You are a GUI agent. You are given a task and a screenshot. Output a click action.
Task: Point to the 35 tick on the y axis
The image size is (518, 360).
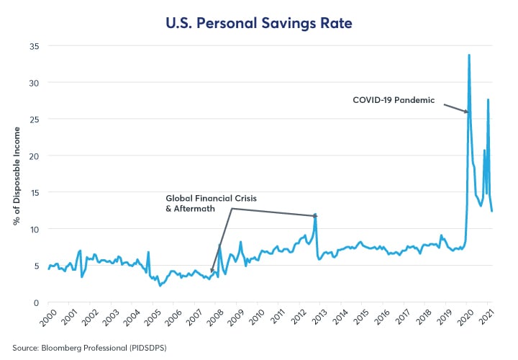pos(34,46)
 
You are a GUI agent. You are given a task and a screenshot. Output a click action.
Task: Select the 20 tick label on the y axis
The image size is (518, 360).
pos(34,156)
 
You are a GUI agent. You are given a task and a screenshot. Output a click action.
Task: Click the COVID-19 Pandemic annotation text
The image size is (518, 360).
pos(394,100)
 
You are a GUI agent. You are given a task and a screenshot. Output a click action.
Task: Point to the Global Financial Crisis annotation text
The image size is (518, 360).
pos(211,197)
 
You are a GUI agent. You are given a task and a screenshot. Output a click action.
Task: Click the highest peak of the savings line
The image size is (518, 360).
pos(469,55)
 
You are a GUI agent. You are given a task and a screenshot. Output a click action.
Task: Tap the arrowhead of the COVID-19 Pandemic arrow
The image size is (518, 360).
pos(467,112)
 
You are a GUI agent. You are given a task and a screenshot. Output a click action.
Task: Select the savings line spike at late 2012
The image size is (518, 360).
pos(315,215)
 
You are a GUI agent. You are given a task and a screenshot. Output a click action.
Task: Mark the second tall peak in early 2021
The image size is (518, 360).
pos(488,99)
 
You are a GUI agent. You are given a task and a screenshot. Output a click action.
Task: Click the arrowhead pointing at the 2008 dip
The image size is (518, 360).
pos(212,272)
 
